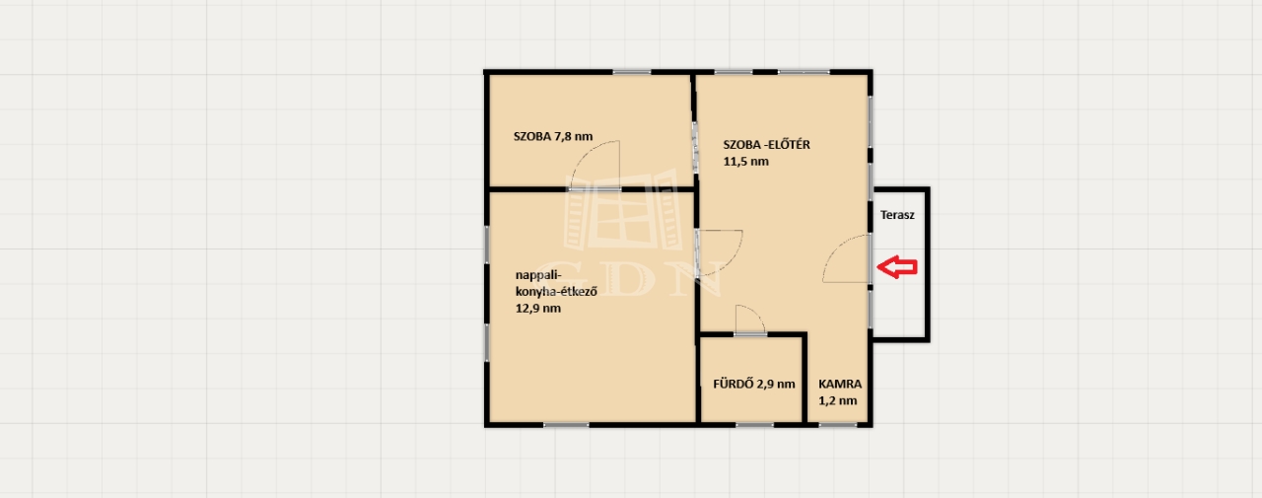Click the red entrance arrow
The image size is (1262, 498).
click(897, 267)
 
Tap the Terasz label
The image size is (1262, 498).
click(897, 215)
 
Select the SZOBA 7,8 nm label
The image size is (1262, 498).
click(553, 136)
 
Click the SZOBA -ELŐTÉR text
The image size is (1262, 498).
click(767, 144)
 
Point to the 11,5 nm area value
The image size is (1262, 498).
click(746, 162)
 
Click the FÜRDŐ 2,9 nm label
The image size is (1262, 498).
click(754, 385)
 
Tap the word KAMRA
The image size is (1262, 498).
click(840, 385)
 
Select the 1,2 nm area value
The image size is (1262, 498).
click(838, 401)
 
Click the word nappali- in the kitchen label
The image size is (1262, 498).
click(538, 275)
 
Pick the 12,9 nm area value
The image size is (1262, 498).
click(538, 309)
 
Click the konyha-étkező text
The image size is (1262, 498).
click(556, 292)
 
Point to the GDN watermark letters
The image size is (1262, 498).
click(628, 278)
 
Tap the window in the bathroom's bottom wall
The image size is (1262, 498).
click(755, 424)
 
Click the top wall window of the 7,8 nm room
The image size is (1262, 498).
click(632, 72)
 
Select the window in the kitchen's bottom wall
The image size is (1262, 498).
click(566, 424)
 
